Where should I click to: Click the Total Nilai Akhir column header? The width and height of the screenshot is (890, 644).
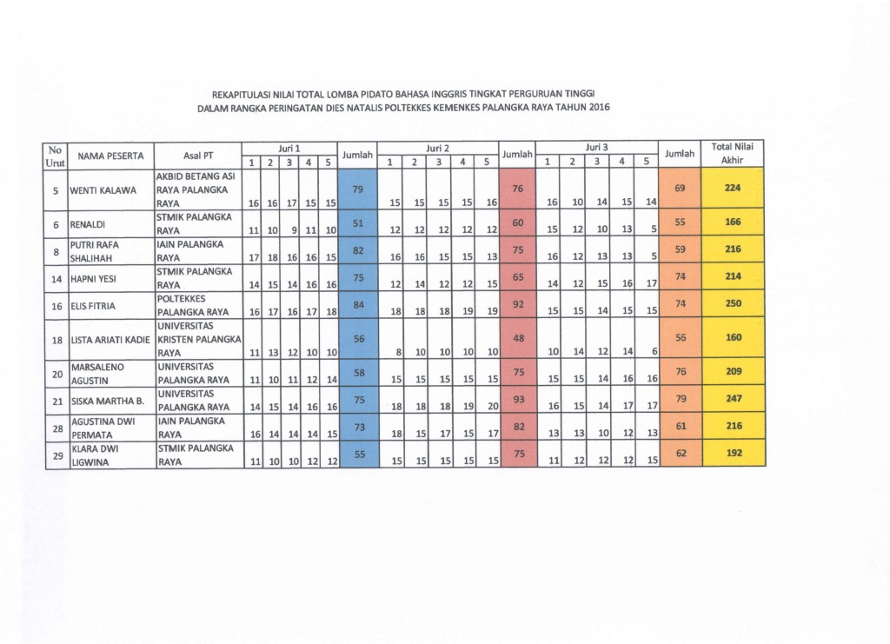point(732,154)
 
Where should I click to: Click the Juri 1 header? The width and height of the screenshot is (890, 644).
point(289,148)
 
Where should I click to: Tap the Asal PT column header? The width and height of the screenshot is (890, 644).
point(198,155)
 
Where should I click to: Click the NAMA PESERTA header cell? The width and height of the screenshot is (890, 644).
point(110,155)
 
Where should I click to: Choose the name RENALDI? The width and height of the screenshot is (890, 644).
point(90,222)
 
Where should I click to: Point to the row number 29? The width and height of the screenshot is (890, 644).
point(56,454)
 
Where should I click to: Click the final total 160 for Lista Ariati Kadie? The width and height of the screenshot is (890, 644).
point(732,338)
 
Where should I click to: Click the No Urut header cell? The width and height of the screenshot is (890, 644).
point(56,155)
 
